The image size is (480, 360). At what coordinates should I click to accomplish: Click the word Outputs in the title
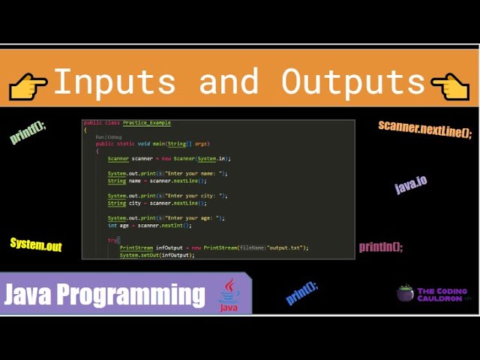[x=352, y=81]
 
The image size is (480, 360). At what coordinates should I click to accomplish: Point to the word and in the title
[x=231, y=81]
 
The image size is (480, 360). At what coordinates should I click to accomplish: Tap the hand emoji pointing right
[x=28, y=85]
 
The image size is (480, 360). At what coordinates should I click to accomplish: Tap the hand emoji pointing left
[x=451, y=85]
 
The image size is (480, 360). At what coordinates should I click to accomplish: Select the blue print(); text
[x=302, y=293]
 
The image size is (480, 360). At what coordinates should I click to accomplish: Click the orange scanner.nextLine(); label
[x=424, y=129]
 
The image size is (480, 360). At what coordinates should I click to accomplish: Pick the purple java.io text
[x=411, y=184]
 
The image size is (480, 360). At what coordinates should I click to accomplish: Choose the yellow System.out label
[x=36, y=244]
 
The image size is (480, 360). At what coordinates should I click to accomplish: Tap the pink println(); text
[x=381, y=247]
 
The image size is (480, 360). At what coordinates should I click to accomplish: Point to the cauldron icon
[x=405, y=293]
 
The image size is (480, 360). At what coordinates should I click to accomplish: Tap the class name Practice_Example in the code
[x=148, y=122]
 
